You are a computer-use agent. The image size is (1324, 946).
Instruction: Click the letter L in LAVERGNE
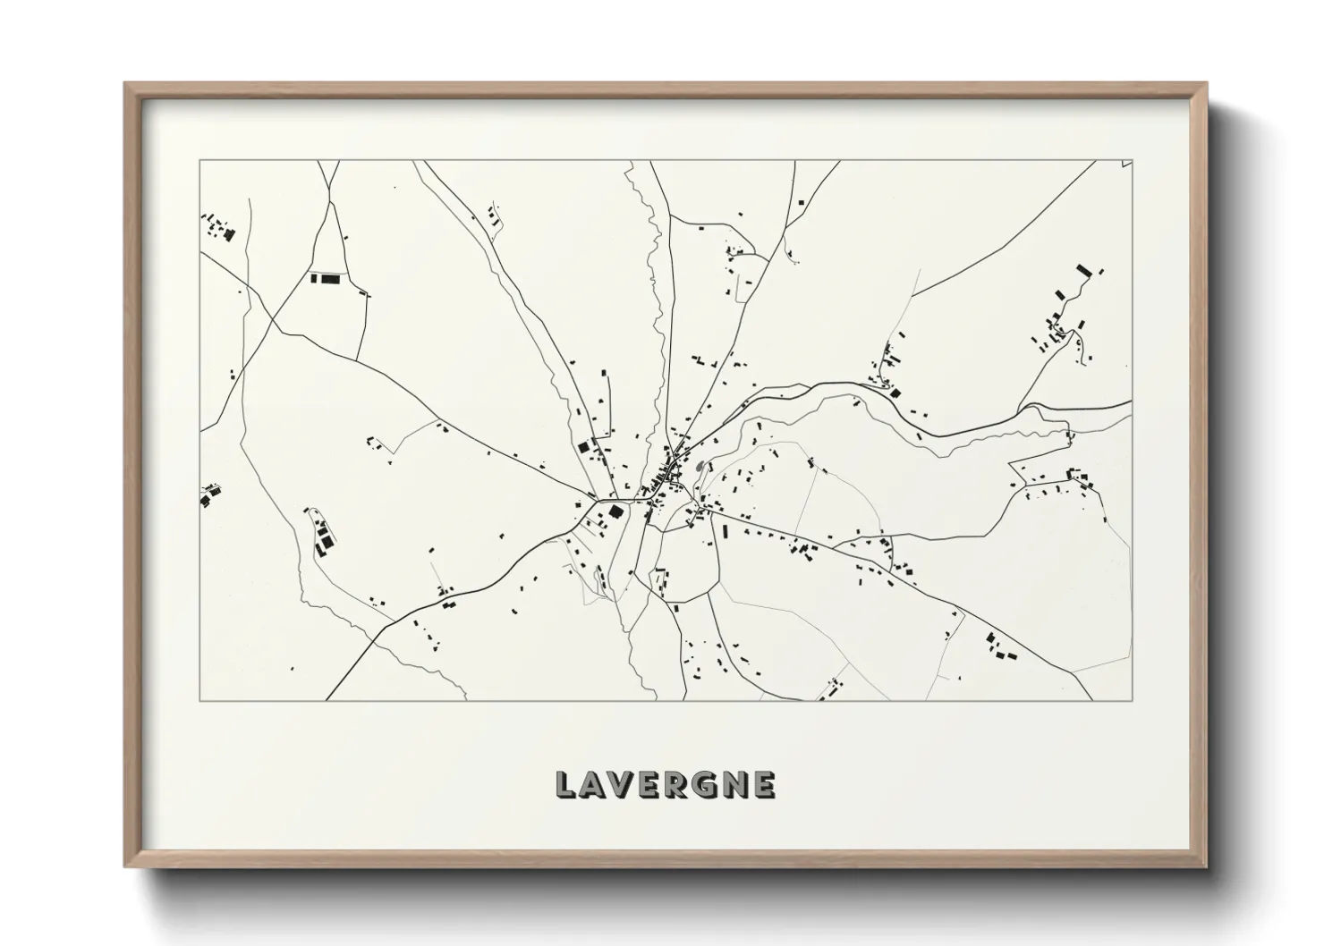point(565,784)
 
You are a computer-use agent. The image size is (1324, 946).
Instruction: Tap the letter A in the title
point(594,784)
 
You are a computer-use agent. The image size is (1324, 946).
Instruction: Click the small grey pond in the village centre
point(698,466)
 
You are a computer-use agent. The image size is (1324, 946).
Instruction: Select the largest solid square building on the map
point(615,511)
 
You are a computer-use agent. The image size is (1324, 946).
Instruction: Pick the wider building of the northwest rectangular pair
point(332,278)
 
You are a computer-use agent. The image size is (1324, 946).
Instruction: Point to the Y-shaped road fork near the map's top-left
point(329,189)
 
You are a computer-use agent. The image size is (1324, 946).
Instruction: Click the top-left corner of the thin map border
point(199,161)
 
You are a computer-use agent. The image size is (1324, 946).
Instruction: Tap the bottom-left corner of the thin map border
point(199,700)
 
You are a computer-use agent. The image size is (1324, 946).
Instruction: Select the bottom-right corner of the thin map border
point(1133,700)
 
